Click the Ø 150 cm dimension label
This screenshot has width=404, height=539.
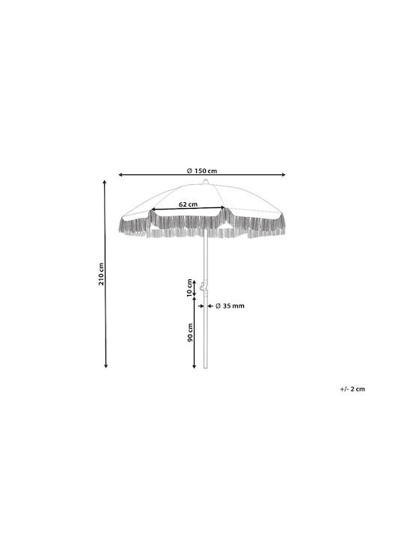pos(202,171)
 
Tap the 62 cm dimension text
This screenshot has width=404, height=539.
pos(189,204)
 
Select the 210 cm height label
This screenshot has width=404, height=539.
pos(101,274)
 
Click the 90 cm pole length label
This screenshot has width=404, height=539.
pos(190,332)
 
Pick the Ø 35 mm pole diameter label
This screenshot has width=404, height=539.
pos(230,305)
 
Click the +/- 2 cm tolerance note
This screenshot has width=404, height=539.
pos(352,389)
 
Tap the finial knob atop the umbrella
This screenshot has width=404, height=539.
pos(205,182)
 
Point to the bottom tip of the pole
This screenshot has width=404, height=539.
pos(206,368)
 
